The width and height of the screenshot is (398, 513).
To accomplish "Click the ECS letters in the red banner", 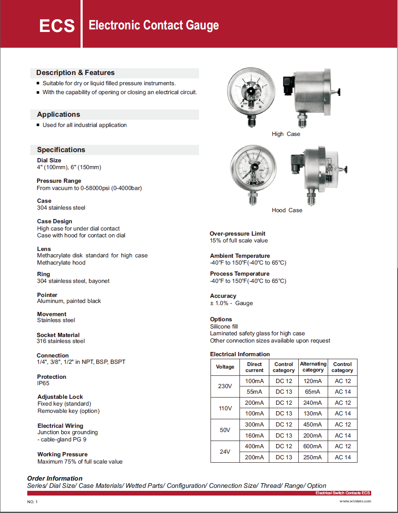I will [57, 26].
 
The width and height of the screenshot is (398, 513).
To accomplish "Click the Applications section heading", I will [58, 114].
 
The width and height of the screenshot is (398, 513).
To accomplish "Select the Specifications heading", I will [61, 150].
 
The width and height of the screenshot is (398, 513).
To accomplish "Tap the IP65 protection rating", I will [43, 383].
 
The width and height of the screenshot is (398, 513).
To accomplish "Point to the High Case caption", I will [286, 134].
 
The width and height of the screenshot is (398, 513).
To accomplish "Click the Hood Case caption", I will [287, 210].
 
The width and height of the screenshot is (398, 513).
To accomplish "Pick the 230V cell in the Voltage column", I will [225, 386].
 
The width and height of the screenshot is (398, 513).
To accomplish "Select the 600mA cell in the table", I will [313, 446].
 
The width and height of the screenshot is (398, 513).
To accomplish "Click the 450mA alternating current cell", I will [313, 424].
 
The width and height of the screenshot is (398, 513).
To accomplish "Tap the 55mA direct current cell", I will [254, 392].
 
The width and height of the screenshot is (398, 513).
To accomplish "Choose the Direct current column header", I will [254, 367].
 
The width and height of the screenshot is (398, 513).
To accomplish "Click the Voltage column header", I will [225, 367].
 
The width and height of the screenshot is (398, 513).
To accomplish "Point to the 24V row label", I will [225, 452].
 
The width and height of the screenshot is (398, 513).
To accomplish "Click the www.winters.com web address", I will [355, 501].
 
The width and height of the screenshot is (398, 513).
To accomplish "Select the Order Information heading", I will [55, 478].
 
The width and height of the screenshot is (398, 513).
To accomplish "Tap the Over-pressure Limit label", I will [237, 233].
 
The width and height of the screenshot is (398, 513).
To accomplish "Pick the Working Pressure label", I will [62, 454].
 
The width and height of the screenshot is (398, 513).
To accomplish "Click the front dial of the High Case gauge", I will [251, 92].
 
